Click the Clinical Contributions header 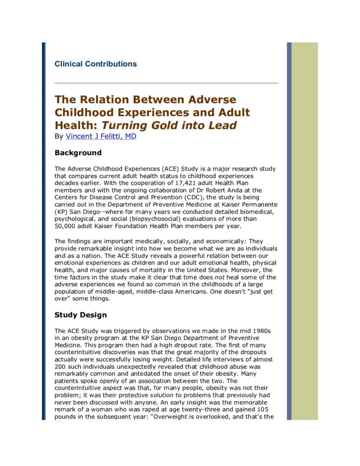[x=96, y=64]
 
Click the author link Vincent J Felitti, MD [x=101, y=136]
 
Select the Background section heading [x=78, y=152]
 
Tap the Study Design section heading [x=81, y=315]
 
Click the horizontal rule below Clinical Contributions [x=166, y=83]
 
